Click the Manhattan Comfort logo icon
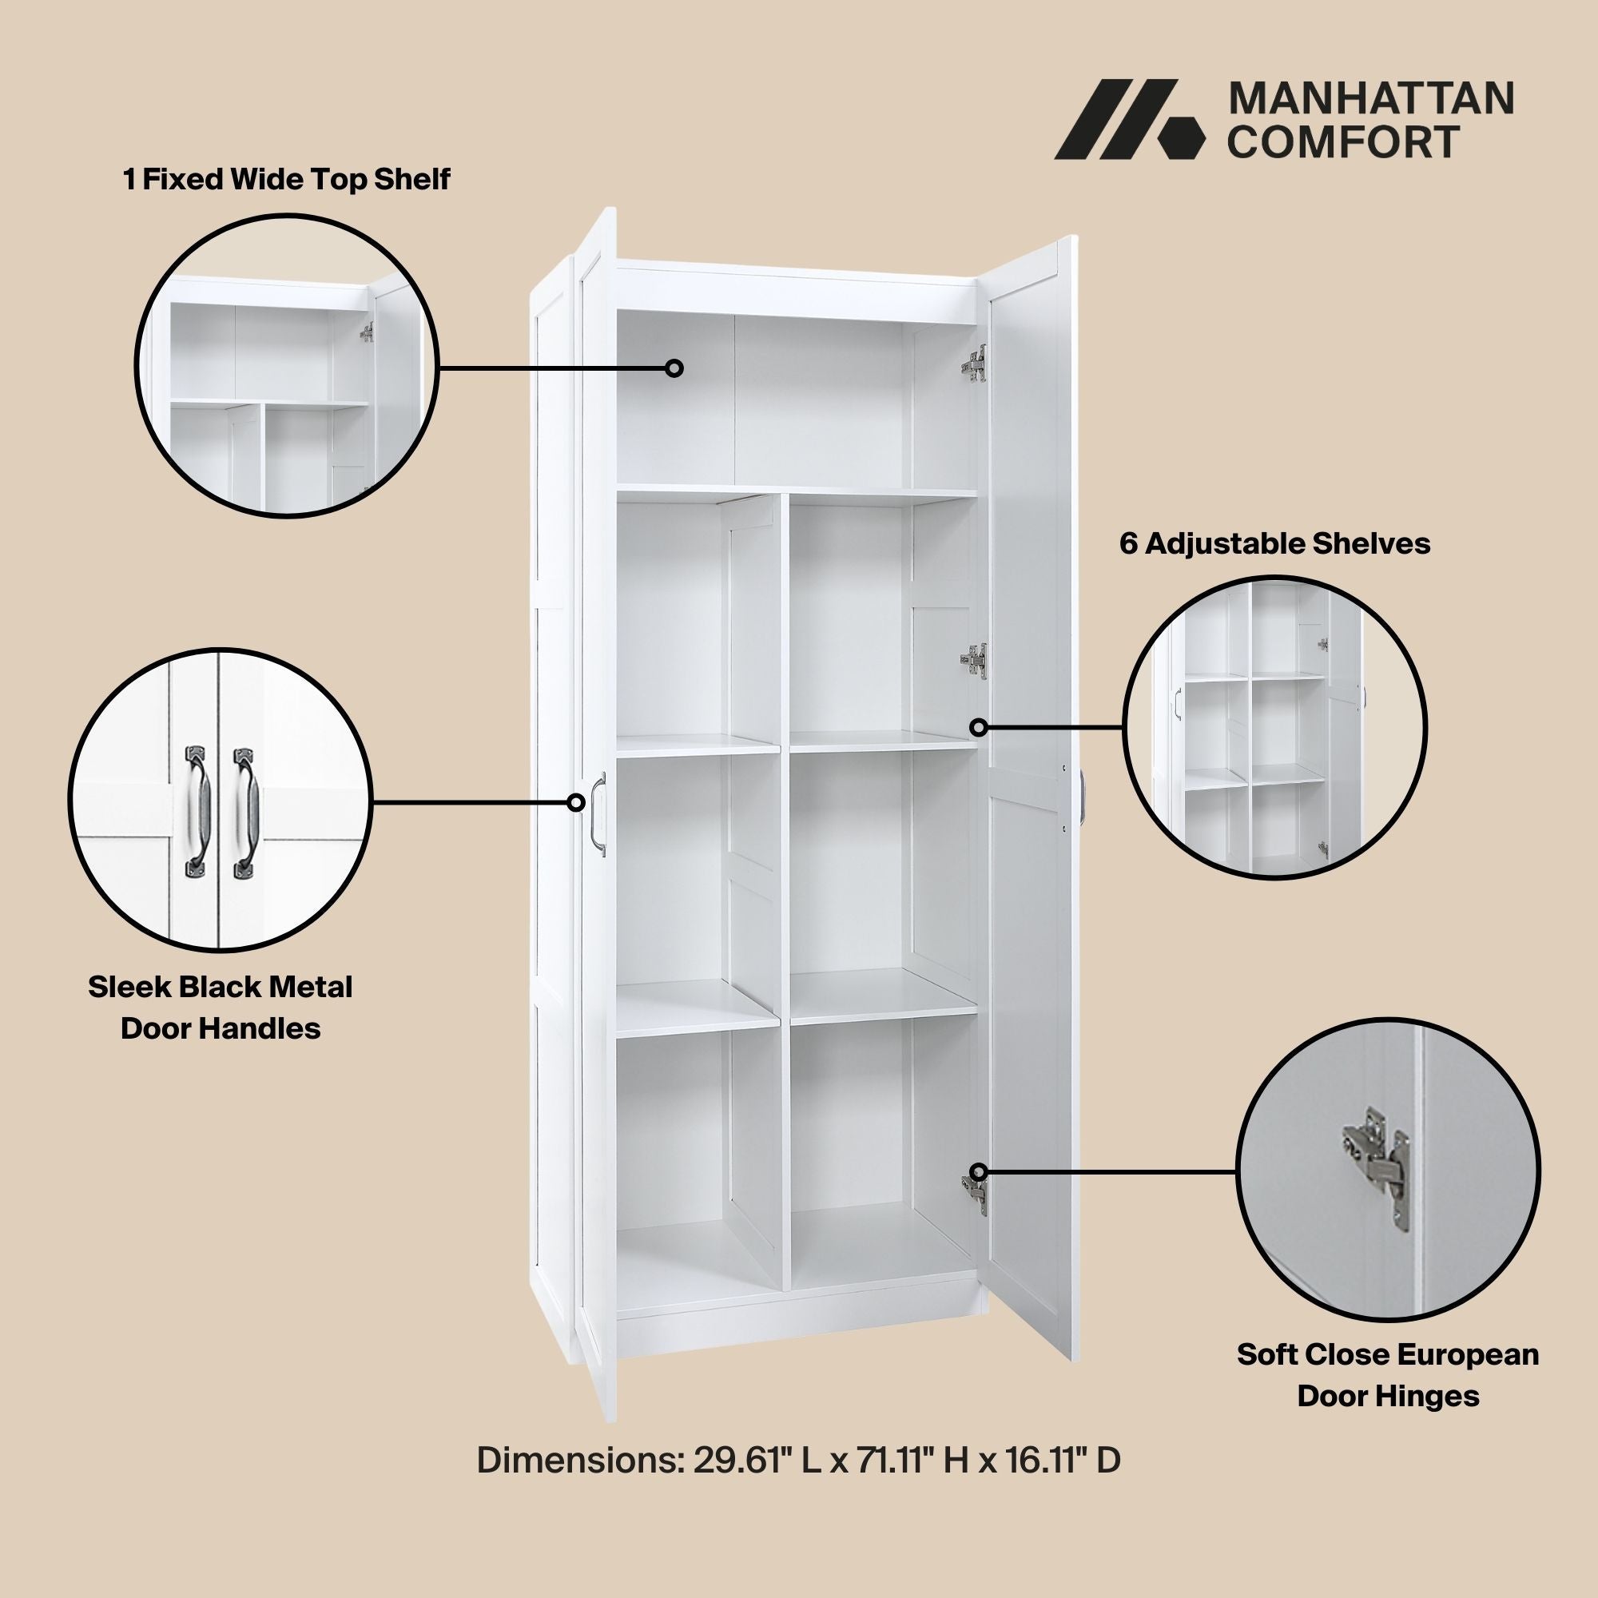(x=1130, y=119)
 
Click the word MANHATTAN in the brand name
(x=1371, y=99)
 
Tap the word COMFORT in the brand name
(x=1342, y=141)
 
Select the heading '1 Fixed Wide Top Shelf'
(x=286, y=179)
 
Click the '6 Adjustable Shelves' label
(x=1274, y=543)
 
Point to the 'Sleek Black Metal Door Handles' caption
(x=220, y=1008)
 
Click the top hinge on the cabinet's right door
(x=975, y=363)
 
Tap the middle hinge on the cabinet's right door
(x=974, y=661)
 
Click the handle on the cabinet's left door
(x=598, y=814)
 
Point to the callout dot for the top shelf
(x=675, y=368)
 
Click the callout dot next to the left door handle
(x=575, y=802)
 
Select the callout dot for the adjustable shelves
(x=979, y=728)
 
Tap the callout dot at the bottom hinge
(x=979, y=1172)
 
